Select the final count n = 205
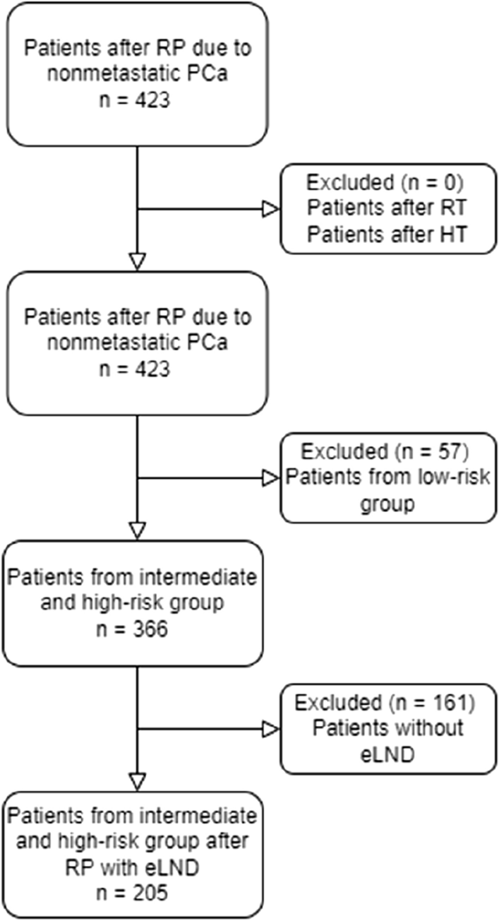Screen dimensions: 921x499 coord(136,894)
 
